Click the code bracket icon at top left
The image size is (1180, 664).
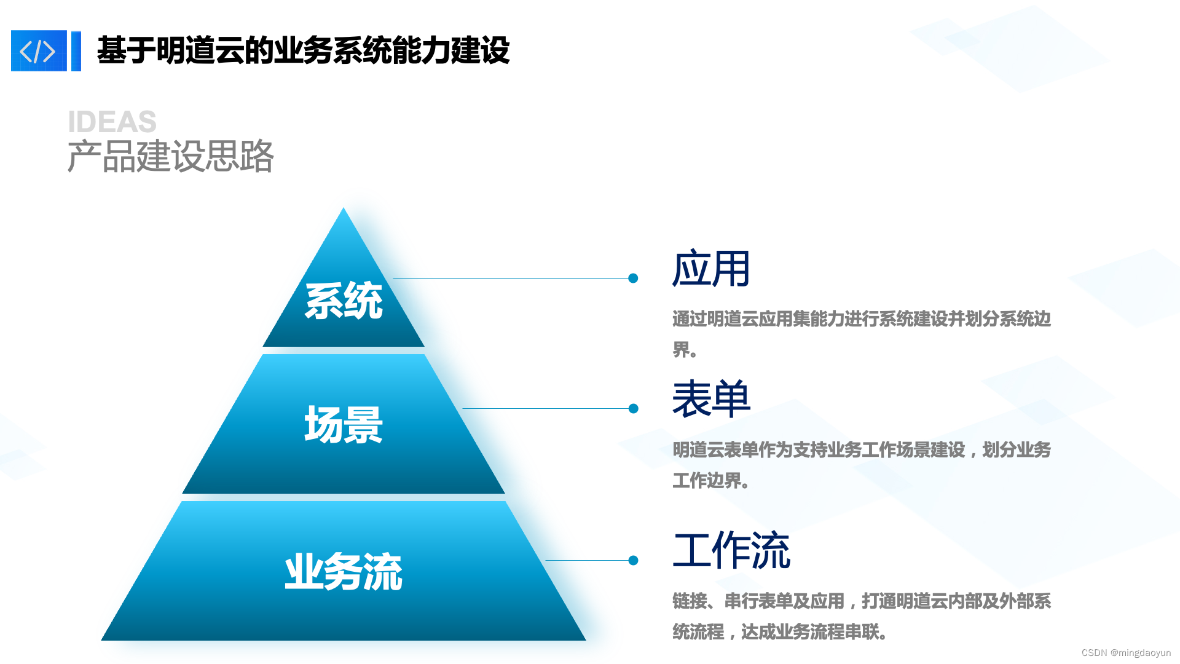tap(39, 51)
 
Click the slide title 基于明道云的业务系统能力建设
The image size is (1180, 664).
tap(303, 50)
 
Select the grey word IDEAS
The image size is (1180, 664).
tap(112, 122)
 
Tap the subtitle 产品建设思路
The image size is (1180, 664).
tap(170, 156)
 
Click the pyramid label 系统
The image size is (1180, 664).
tap(344, 301)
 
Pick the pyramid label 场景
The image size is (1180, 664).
tap(344, 425)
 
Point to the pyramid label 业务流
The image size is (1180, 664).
tap(344, 572)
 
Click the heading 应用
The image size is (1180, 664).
tap(711, 269)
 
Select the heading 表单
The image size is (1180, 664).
tap(711, 400)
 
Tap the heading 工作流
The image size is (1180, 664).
tap(731, 551)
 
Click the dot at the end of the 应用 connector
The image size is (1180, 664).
tap(633, 279)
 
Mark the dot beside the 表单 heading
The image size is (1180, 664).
tap(634, 409)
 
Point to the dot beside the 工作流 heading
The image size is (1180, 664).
tap(634, 561)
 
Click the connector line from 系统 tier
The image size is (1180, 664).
tap(510, 279)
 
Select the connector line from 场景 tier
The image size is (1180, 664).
tap(547, 409)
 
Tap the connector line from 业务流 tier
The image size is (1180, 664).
tap(587, 561)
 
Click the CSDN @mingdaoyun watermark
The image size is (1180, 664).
tap(1126, 653)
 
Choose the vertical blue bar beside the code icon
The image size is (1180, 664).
tap(76, 51)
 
